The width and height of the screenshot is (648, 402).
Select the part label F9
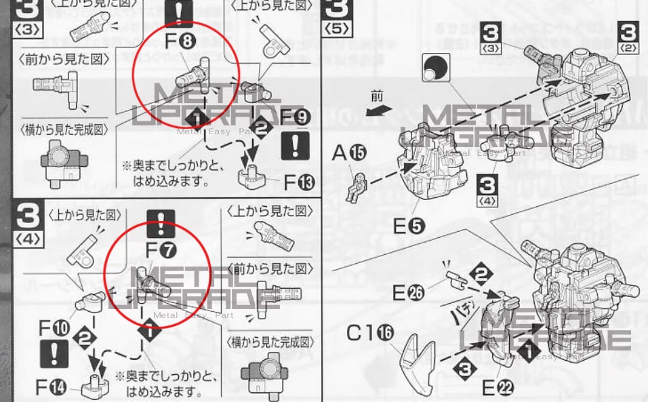click(296, 117)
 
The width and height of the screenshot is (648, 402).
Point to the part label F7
click(161, 250)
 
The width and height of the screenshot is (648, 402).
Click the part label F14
click(53, 388)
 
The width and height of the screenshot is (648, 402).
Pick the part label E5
click(409, 226)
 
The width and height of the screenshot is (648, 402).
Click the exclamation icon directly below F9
click(295, 145)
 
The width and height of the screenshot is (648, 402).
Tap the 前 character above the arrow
click(377, 96)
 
